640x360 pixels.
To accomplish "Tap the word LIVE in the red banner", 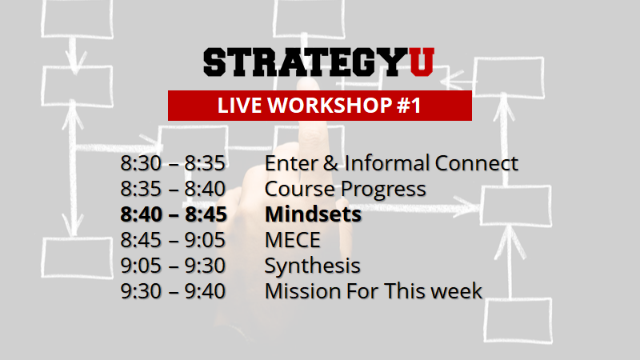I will tap(236, 106).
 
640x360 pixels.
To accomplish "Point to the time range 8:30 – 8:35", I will tap(173, 164).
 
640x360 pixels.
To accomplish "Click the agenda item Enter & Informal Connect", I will tap(391, 164).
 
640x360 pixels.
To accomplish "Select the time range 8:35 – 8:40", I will tap(173, 190).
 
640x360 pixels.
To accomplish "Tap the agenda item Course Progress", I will tap(345, 190).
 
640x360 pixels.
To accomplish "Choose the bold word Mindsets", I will tap(313, 215).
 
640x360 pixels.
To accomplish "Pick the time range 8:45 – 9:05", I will tap(173, 240).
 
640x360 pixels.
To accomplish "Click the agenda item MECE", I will tap(293, 240).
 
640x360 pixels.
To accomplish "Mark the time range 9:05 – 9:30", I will tap(173, 266).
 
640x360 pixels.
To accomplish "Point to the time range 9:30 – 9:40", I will tap(173, 290).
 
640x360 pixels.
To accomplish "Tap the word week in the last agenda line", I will tap(457, 290).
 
